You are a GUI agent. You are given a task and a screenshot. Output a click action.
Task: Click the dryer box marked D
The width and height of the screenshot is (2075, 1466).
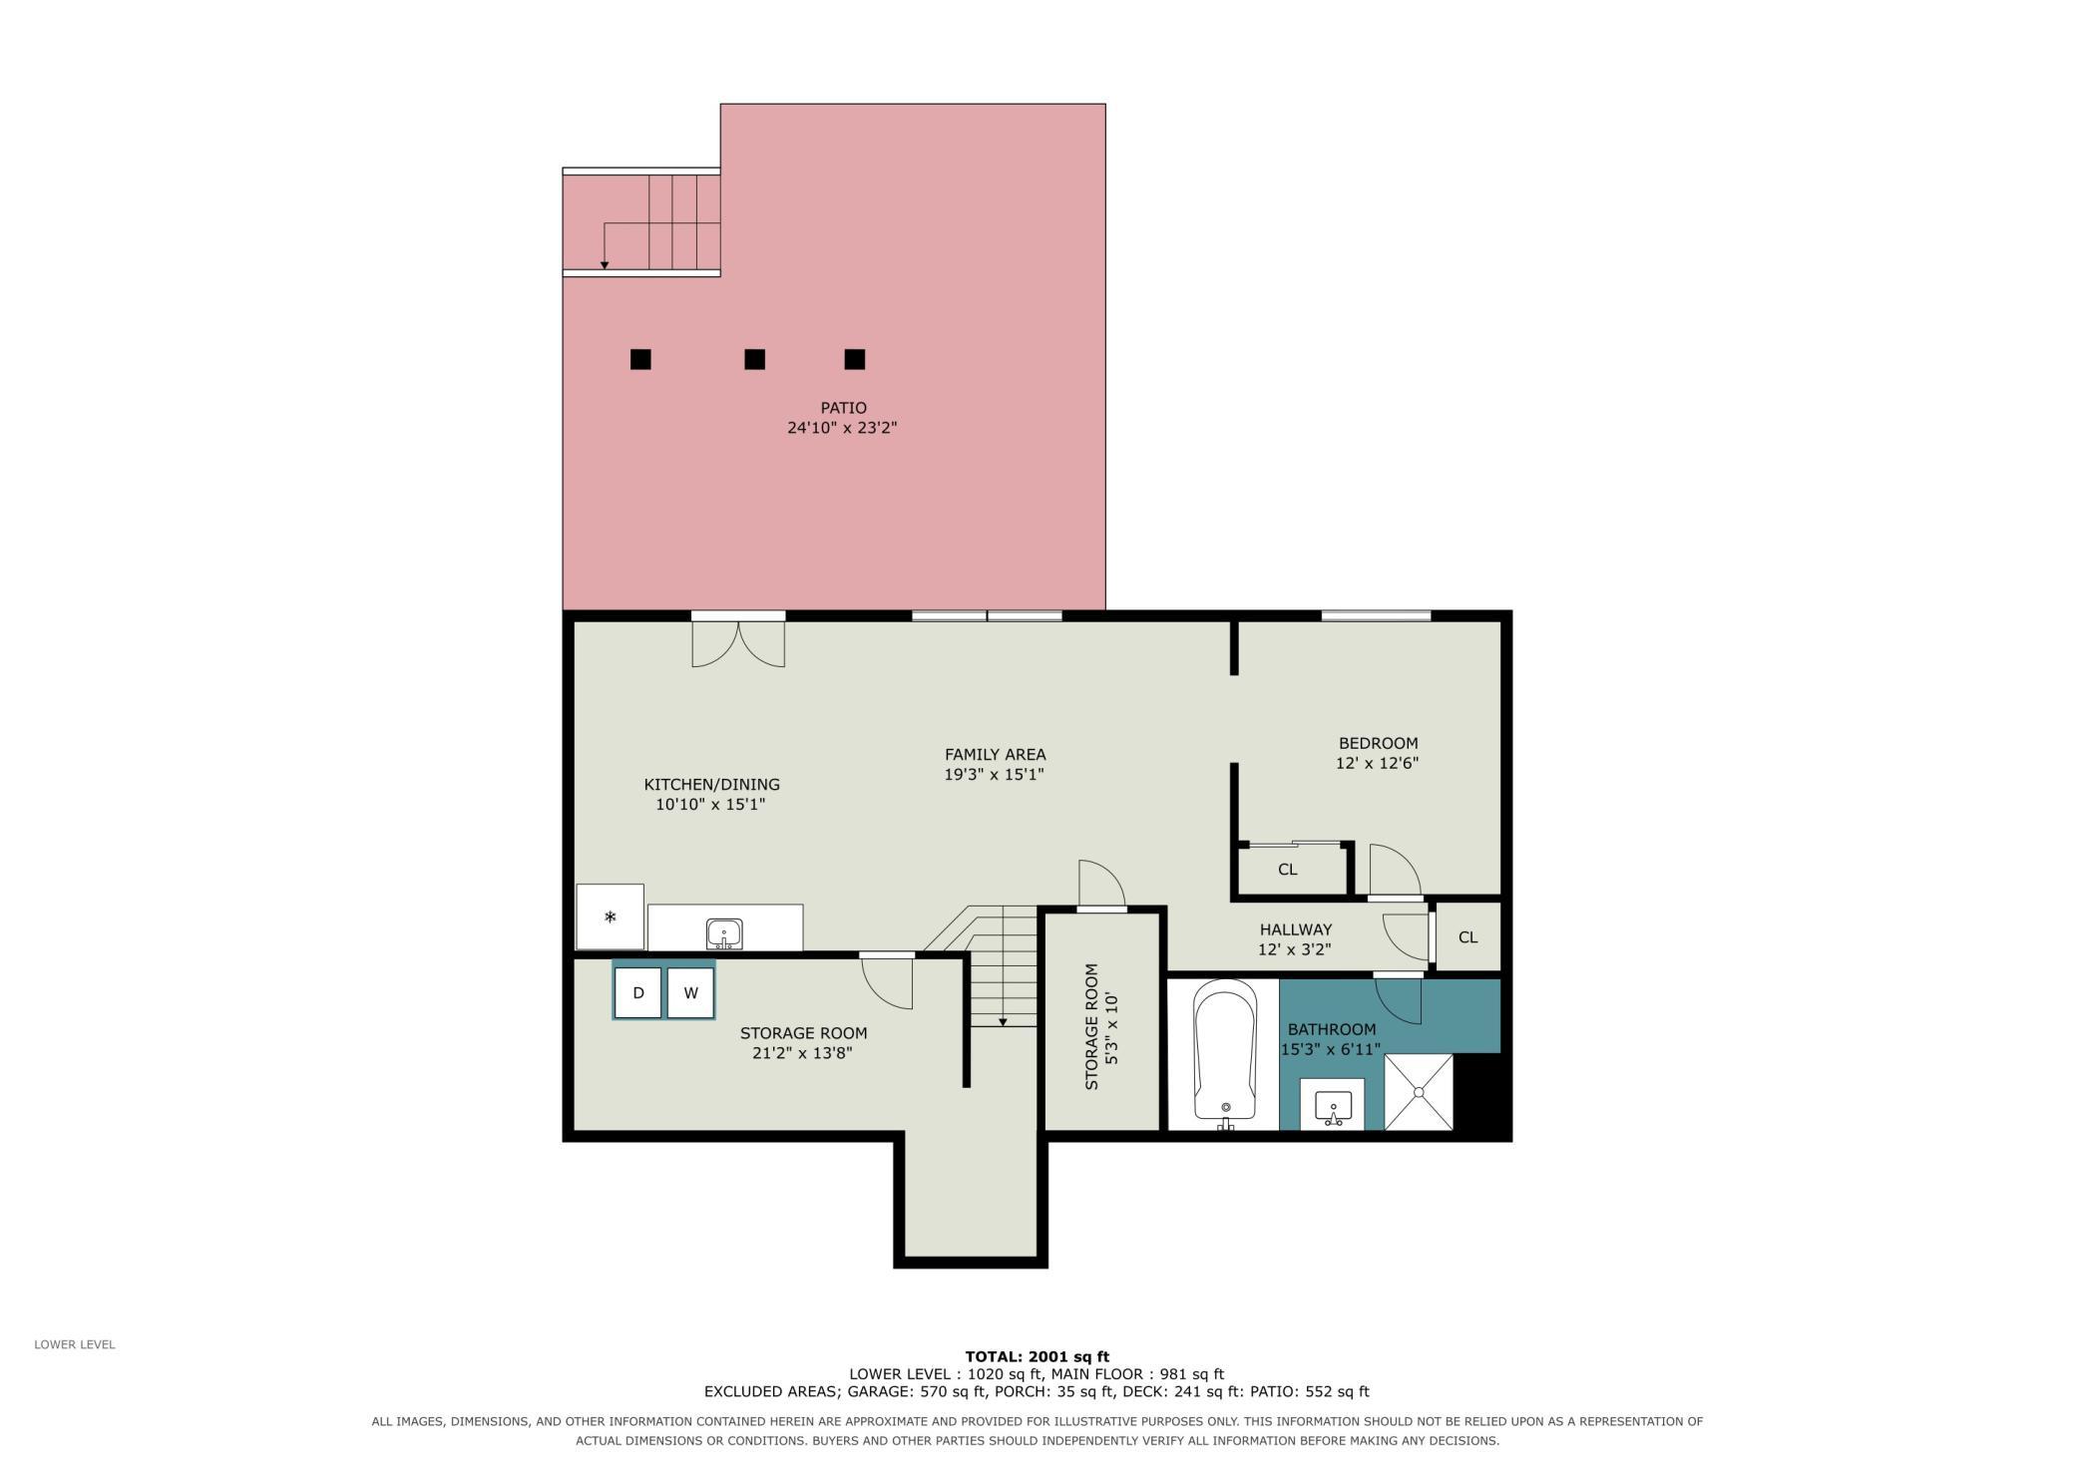pos(638,993)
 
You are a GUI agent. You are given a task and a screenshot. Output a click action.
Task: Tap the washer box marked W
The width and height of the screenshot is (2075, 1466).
pos(690,993)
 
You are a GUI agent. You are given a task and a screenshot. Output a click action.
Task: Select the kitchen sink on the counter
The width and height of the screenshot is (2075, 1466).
pos(724,934)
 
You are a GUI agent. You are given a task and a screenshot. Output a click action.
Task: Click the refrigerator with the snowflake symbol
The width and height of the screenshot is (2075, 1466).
pos(610,916)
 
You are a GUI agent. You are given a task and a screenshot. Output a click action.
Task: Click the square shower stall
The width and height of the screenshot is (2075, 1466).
pos(1419,1092)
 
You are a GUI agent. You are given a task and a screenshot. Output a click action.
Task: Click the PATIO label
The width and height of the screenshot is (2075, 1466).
pos(843,408)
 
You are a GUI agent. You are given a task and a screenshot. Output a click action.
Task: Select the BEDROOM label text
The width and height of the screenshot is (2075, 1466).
pos(1378,743)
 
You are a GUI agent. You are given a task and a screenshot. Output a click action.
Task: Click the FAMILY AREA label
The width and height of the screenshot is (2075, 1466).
pos(995,755)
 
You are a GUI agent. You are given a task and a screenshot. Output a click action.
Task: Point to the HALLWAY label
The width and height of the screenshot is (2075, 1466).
pos(1295,929)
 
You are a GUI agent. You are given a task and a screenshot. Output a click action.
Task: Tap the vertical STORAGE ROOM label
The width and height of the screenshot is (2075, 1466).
pos(1091,1026)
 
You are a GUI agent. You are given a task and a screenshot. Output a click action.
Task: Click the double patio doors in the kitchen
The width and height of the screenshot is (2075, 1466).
pos(738,641)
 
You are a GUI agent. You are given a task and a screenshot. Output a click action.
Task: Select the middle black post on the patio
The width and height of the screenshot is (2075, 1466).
pos(754,359)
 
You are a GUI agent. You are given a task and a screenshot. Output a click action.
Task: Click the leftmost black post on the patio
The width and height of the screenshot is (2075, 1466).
pos(640,359)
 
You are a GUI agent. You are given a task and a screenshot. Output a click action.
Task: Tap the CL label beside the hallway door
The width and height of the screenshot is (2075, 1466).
pos(1467,937)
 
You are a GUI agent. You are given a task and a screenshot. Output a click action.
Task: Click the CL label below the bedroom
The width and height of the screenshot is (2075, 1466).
pos(1287,870)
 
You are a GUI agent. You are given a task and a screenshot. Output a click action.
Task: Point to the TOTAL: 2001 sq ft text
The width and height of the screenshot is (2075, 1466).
pos(1037,1356)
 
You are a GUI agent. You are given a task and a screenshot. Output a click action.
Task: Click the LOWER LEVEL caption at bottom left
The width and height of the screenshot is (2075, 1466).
pos(75,1344)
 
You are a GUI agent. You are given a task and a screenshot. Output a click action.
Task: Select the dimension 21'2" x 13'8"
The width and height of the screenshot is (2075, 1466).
pos(802,1052)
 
